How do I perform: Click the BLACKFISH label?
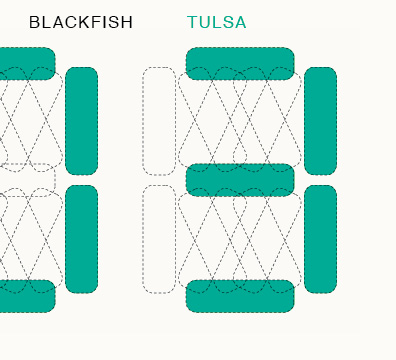click(x=81, y=22)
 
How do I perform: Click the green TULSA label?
click(x=217, y=22)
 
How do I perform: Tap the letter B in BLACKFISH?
click(x=34, y=22)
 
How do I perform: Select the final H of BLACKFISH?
click(x=127, y=22)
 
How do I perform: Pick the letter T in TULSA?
click(x=193, y=22)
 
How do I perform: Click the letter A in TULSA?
click(x=240, y=22)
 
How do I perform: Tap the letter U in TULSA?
click(x=205, y=22)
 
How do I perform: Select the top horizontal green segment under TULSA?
click(x=240, y=64)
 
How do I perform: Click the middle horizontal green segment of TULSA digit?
click(x=240, y=180)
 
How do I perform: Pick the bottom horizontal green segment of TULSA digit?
click(x=240, y=296)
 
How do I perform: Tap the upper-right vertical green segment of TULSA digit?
click(x=321, y=121)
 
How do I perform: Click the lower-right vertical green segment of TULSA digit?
click(x=321, y=239)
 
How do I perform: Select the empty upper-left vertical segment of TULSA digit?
click(x=159, y=121)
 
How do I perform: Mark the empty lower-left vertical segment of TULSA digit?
click(x=159, y=239)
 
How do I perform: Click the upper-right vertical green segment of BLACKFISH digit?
click(x=82, y=121)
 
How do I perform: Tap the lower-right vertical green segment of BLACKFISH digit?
click(x=82, y=239)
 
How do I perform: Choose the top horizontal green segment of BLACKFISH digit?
click(x=28, y=64)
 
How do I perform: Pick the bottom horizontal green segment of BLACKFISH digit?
click(x=28, y=296)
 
